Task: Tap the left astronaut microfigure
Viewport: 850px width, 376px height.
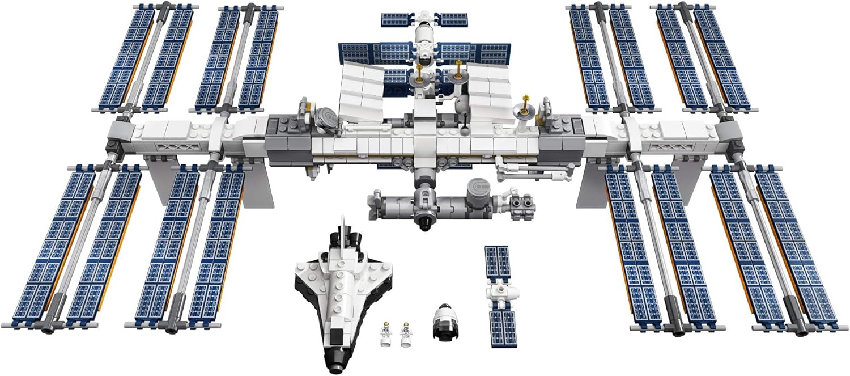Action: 385,335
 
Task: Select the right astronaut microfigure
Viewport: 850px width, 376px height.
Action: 405,335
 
